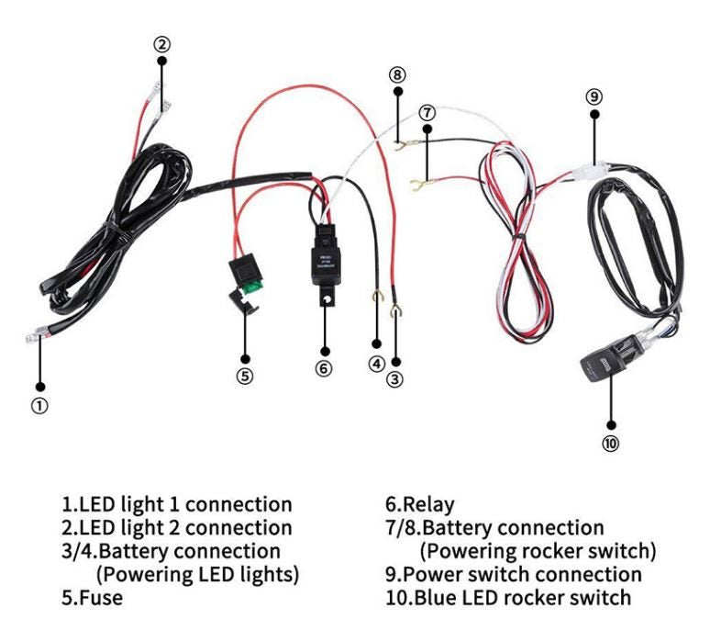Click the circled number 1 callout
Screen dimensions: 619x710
point(40,403)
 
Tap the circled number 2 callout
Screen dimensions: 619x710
point(161,43)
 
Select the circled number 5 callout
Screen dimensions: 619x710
point(245,376)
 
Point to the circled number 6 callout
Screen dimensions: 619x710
point(323,367)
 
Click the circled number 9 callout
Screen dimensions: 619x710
point(594,96)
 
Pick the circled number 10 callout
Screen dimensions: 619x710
point(610,445)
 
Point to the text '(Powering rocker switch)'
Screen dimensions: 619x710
point(538,551)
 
